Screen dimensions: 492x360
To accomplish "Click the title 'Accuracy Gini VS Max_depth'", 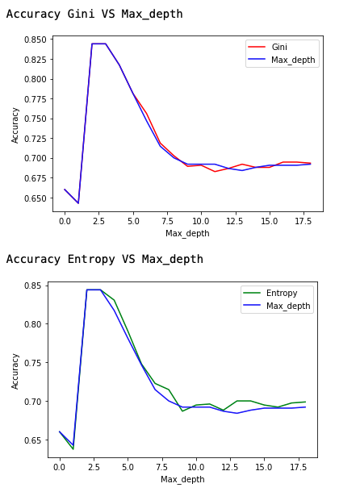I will (94, 14).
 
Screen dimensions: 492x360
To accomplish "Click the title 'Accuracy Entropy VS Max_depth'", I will (105, 259).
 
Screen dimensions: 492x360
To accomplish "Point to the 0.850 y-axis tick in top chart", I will (34, 40).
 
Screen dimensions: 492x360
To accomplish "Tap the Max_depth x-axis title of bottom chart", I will (182, 480).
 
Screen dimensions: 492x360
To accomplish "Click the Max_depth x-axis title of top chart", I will (187, 233).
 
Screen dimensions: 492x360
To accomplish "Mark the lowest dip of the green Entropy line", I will (73, 448).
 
